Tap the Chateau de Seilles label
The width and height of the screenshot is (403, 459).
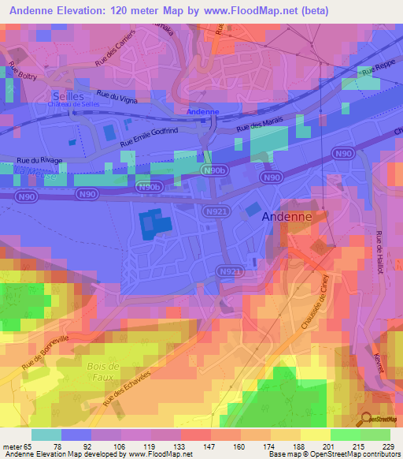[x=73, y=105]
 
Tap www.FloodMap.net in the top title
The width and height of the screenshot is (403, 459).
[x=268, y=10]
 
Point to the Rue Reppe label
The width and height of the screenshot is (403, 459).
[x=375, y=73]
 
